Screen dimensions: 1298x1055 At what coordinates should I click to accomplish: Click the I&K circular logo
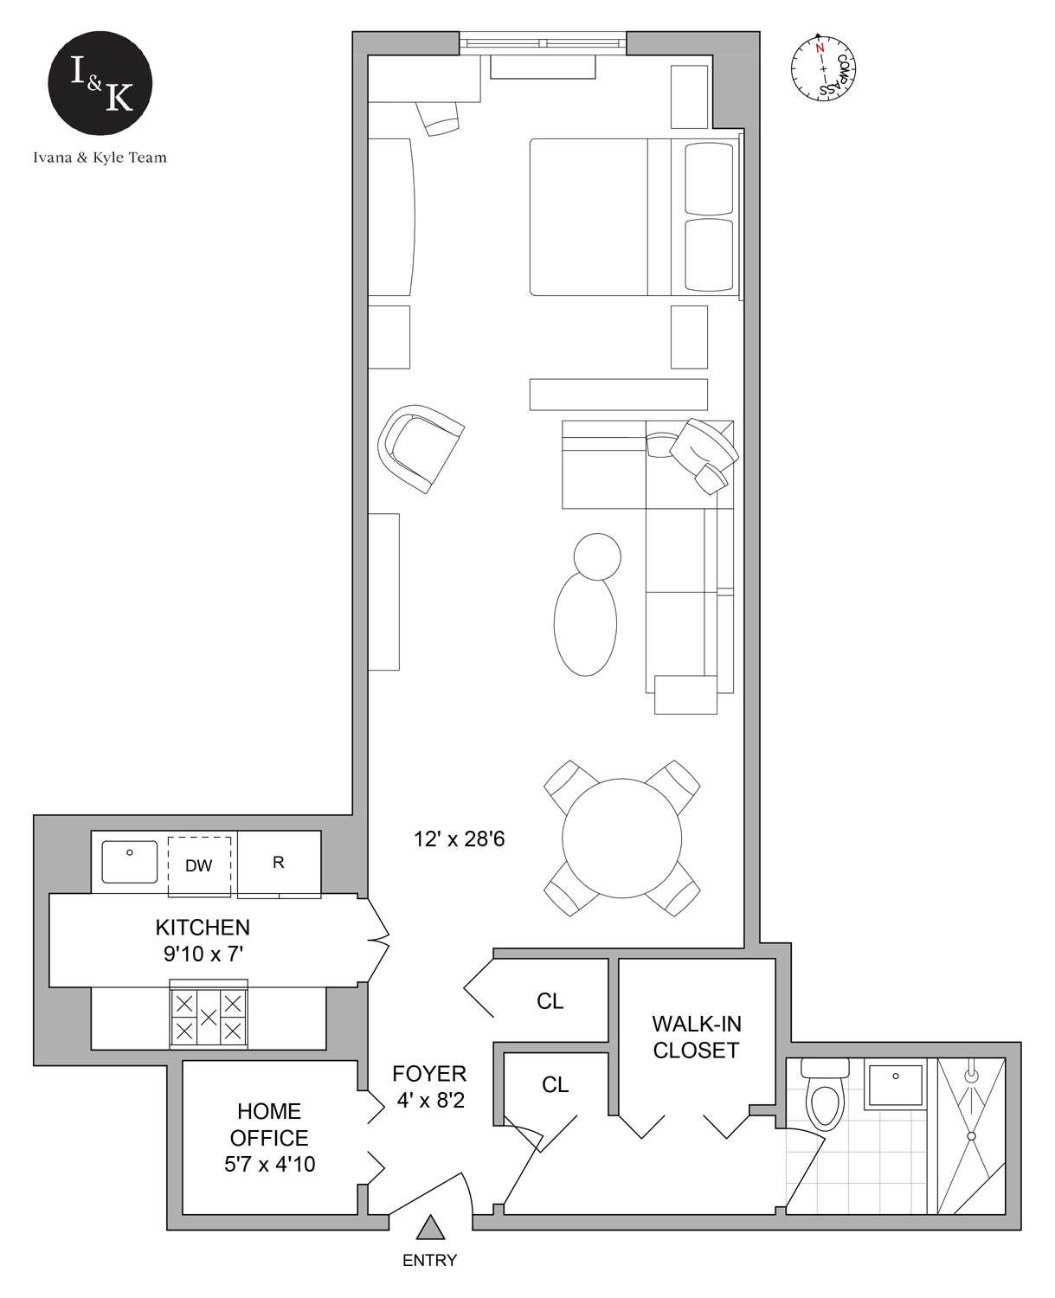[x=100, y=83]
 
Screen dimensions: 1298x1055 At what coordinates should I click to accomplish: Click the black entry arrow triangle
[x=430, y=1228]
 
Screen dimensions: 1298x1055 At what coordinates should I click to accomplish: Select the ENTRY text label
[x=429, y=1261]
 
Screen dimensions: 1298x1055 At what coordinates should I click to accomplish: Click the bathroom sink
[x=895, y=1085]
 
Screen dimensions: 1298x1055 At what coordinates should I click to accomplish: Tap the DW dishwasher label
[x=199, y=865]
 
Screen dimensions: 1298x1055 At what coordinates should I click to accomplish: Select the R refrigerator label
[x=279, y=863]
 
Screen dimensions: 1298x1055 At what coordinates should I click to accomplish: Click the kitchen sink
[x=130, y=862]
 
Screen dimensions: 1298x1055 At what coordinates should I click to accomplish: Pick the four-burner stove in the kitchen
[x=209, y=1017]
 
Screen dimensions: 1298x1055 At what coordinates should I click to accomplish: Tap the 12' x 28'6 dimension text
[x=459, y=839]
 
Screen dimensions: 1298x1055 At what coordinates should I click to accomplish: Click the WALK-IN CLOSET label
[x=696, y=1037]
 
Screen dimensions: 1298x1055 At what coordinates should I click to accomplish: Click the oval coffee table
[x=586, y=623]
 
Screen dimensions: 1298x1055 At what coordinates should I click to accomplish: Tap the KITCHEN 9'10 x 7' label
[x=203, y=941]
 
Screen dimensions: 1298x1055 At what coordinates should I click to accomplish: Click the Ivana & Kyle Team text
[x=100, y=157]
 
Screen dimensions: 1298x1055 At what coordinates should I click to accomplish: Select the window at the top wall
[x=542, y=42]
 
